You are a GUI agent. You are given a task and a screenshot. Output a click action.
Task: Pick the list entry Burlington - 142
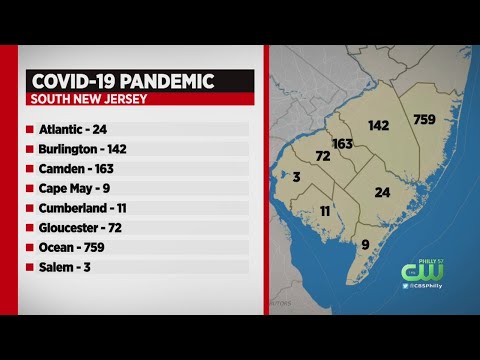click(90, 148)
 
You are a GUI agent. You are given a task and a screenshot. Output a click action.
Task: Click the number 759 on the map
click(423, 120)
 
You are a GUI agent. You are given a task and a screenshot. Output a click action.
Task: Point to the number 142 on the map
click(378, 126)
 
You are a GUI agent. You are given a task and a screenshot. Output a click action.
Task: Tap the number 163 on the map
click(343, 143)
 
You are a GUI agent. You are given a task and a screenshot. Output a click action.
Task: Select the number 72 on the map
click(323, 158)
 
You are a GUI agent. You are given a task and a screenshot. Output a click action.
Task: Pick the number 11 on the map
click(325, 211)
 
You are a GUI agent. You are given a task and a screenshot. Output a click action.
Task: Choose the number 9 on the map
click(365, 243)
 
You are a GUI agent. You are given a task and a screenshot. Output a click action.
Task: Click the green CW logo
click(415, 272)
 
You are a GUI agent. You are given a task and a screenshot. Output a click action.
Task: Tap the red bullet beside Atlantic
click(30, 129)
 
